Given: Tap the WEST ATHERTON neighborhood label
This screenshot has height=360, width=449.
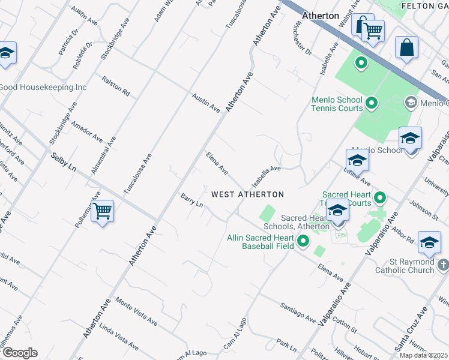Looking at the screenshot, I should point(247,194).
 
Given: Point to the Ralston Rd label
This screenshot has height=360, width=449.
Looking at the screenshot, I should point(116,86).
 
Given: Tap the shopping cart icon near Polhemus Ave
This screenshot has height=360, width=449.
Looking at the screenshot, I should point(102,211).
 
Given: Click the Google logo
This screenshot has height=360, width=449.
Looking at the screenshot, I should point(20,353).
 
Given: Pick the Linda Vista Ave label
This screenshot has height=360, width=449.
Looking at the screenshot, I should point(118,337).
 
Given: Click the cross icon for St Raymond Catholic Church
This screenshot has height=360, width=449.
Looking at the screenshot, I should point(442,265).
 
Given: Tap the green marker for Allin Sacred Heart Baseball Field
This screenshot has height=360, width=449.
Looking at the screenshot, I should point(303,241).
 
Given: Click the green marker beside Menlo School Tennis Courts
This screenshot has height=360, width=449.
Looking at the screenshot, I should point(371,104).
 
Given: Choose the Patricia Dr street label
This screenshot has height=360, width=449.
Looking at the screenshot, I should point(68,41).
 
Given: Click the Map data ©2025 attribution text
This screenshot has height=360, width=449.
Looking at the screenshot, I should point(424,355).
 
